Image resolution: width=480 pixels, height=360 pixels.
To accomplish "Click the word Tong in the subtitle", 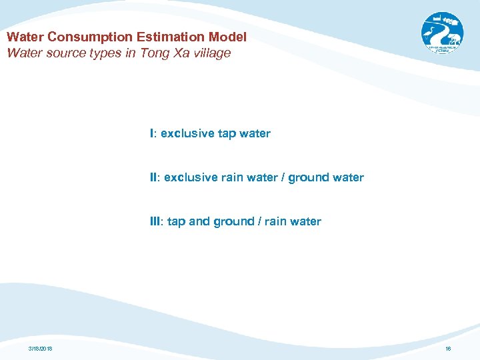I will pyautogui.click(x=153, y=53).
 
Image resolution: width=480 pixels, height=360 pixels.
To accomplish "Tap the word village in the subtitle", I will pyautogui.click(x=209, y=53).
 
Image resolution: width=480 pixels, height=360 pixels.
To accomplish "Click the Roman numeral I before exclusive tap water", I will pyautogui.click(x=152, y=133).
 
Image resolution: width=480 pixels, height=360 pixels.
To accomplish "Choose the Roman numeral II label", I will pyautogui.click(x=154, y=177).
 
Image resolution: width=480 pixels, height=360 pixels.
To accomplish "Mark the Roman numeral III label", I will pyautogui.click(x=155, y=221).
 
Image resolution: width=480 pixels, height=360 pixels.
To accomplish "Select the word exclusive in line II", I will pyautogui.click(x=191, y=177).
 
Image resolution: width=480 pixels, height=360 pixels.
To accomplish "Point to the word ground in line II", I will pyautogui.click(x=309, y=177).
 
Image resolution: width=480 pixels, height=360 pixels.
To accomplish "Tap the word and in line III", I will pyautogui.click(x=199, y=221).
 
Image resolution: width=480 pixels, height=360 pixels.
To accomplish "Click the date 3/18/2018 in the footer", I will pyautogui.click(x=41, y=349).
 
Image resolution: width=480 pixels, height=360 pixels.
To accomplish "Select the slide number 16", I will pyautogui.click(x=447, y=349).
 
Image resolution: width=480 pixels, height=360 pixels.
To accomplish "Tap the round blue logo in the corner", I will pyautogui.click(x=441, y=33).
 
